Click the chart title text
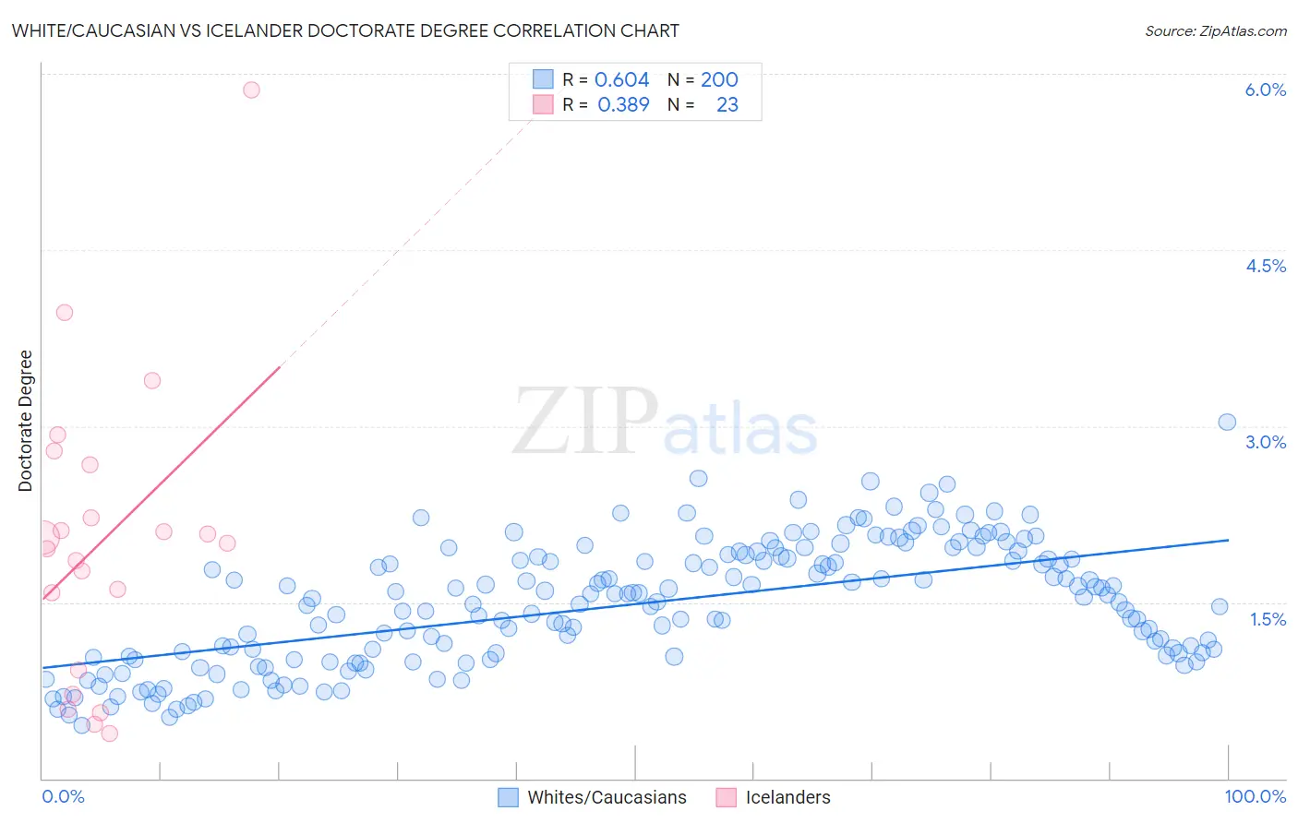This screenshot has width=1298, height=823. point(345,30)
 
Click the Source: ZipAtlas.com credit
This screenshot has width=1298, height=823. point(1215,30)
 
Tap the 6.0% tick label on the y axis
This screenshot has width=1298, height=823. point(1265,89)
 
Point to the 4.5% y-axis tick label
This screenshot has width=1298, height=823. point(1265,266)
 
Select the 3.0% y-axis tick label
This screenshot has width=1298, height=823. point(1265,442)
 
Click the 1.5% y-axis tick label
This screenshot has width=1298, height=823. point(1268,619)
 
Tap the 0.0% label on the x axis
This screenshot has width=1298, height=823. point(63,796)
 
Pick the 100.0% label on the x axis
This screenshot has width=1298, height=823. point(1255,796)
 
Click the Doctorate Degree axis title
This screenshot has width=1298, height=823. point(26,421)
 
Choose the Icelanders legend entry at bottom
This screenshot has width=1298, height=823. point(787,797)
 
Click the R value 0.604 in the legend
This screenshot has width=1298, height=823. point(621,80)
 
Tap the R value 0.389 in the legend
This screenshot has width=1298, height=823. point(623,105)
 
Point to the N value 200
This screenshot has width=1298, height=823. point(719,80)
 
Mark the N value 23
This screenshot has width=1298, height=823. point(727,105)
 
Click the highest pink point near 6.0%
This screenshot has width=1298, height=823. point(251,89)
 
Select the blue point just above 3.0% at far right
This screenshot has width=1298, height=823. point(1227,422)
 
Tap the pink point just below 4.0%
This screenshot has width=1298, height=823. point(65,312)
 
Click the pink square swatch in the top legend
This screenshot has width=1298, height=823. point(543,104)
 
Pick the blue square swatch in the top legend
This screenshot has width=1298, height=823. point(543,79)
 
